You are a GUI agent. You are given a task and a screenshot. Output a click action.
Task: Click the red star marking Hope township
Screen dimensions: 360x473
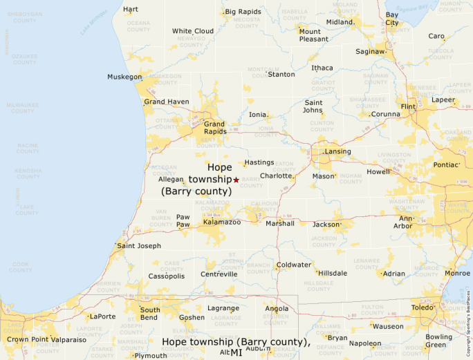tap(236, 180)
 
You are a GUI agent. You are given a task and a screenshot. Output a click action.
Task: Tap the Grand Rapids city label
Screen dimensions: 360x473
tap(214, 127)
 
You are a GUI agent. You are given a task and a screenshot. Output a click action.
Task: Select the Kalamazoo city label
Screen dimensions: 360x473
tap(222, 222)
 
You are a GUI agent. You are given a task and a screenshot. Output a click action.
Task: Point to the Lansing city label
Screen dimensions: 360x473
tap(337, 151)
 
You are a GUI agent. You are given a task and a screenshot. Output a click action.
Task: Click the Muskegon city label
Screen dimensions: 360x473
tap(124, 77)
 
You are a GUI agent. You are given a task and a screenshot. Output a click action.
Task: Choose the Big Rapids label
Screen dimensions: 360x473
tap(243, 12)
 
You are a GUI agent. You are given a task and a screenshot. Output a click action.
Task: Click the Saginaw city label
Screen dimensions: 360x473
tap(370, 51)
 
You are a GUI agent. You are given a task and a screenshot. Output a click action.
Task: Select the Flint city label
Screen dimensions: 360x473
tap(408, 106)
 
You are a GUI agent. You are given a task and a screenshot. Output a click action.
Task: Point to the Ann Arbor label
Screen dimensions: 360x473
tap(406, 222)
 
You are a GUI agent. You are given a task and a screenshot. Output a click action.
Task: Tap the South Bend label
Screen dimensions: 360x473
tap(150, 314)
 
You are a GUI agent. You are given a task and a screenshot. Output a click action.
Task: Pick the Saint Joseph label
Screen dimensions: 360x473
tap(139, 245)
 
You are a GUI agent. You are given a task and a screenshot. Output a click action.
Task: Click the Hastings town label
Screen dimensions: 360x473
tap(259, 162)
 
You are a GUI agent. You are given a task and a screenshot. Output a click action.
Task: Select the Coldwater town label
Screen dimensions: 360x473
tap(294, 265)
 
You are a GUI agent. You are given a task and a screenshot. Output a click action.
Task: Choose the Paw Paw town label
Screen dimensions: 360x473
tap(183, 220)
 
